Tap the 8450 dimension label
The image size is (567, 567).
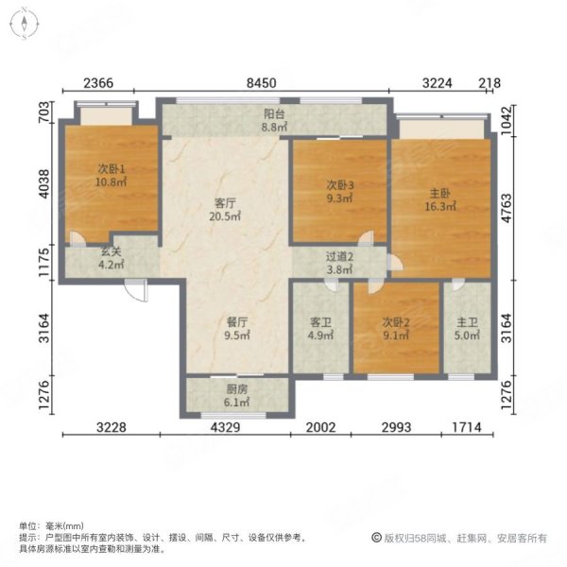(x=262, y=83)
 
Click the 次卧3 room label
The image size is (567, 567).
(x=339, y=186)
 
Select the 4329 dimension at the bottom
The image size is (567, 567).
(x=232, y=427)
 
